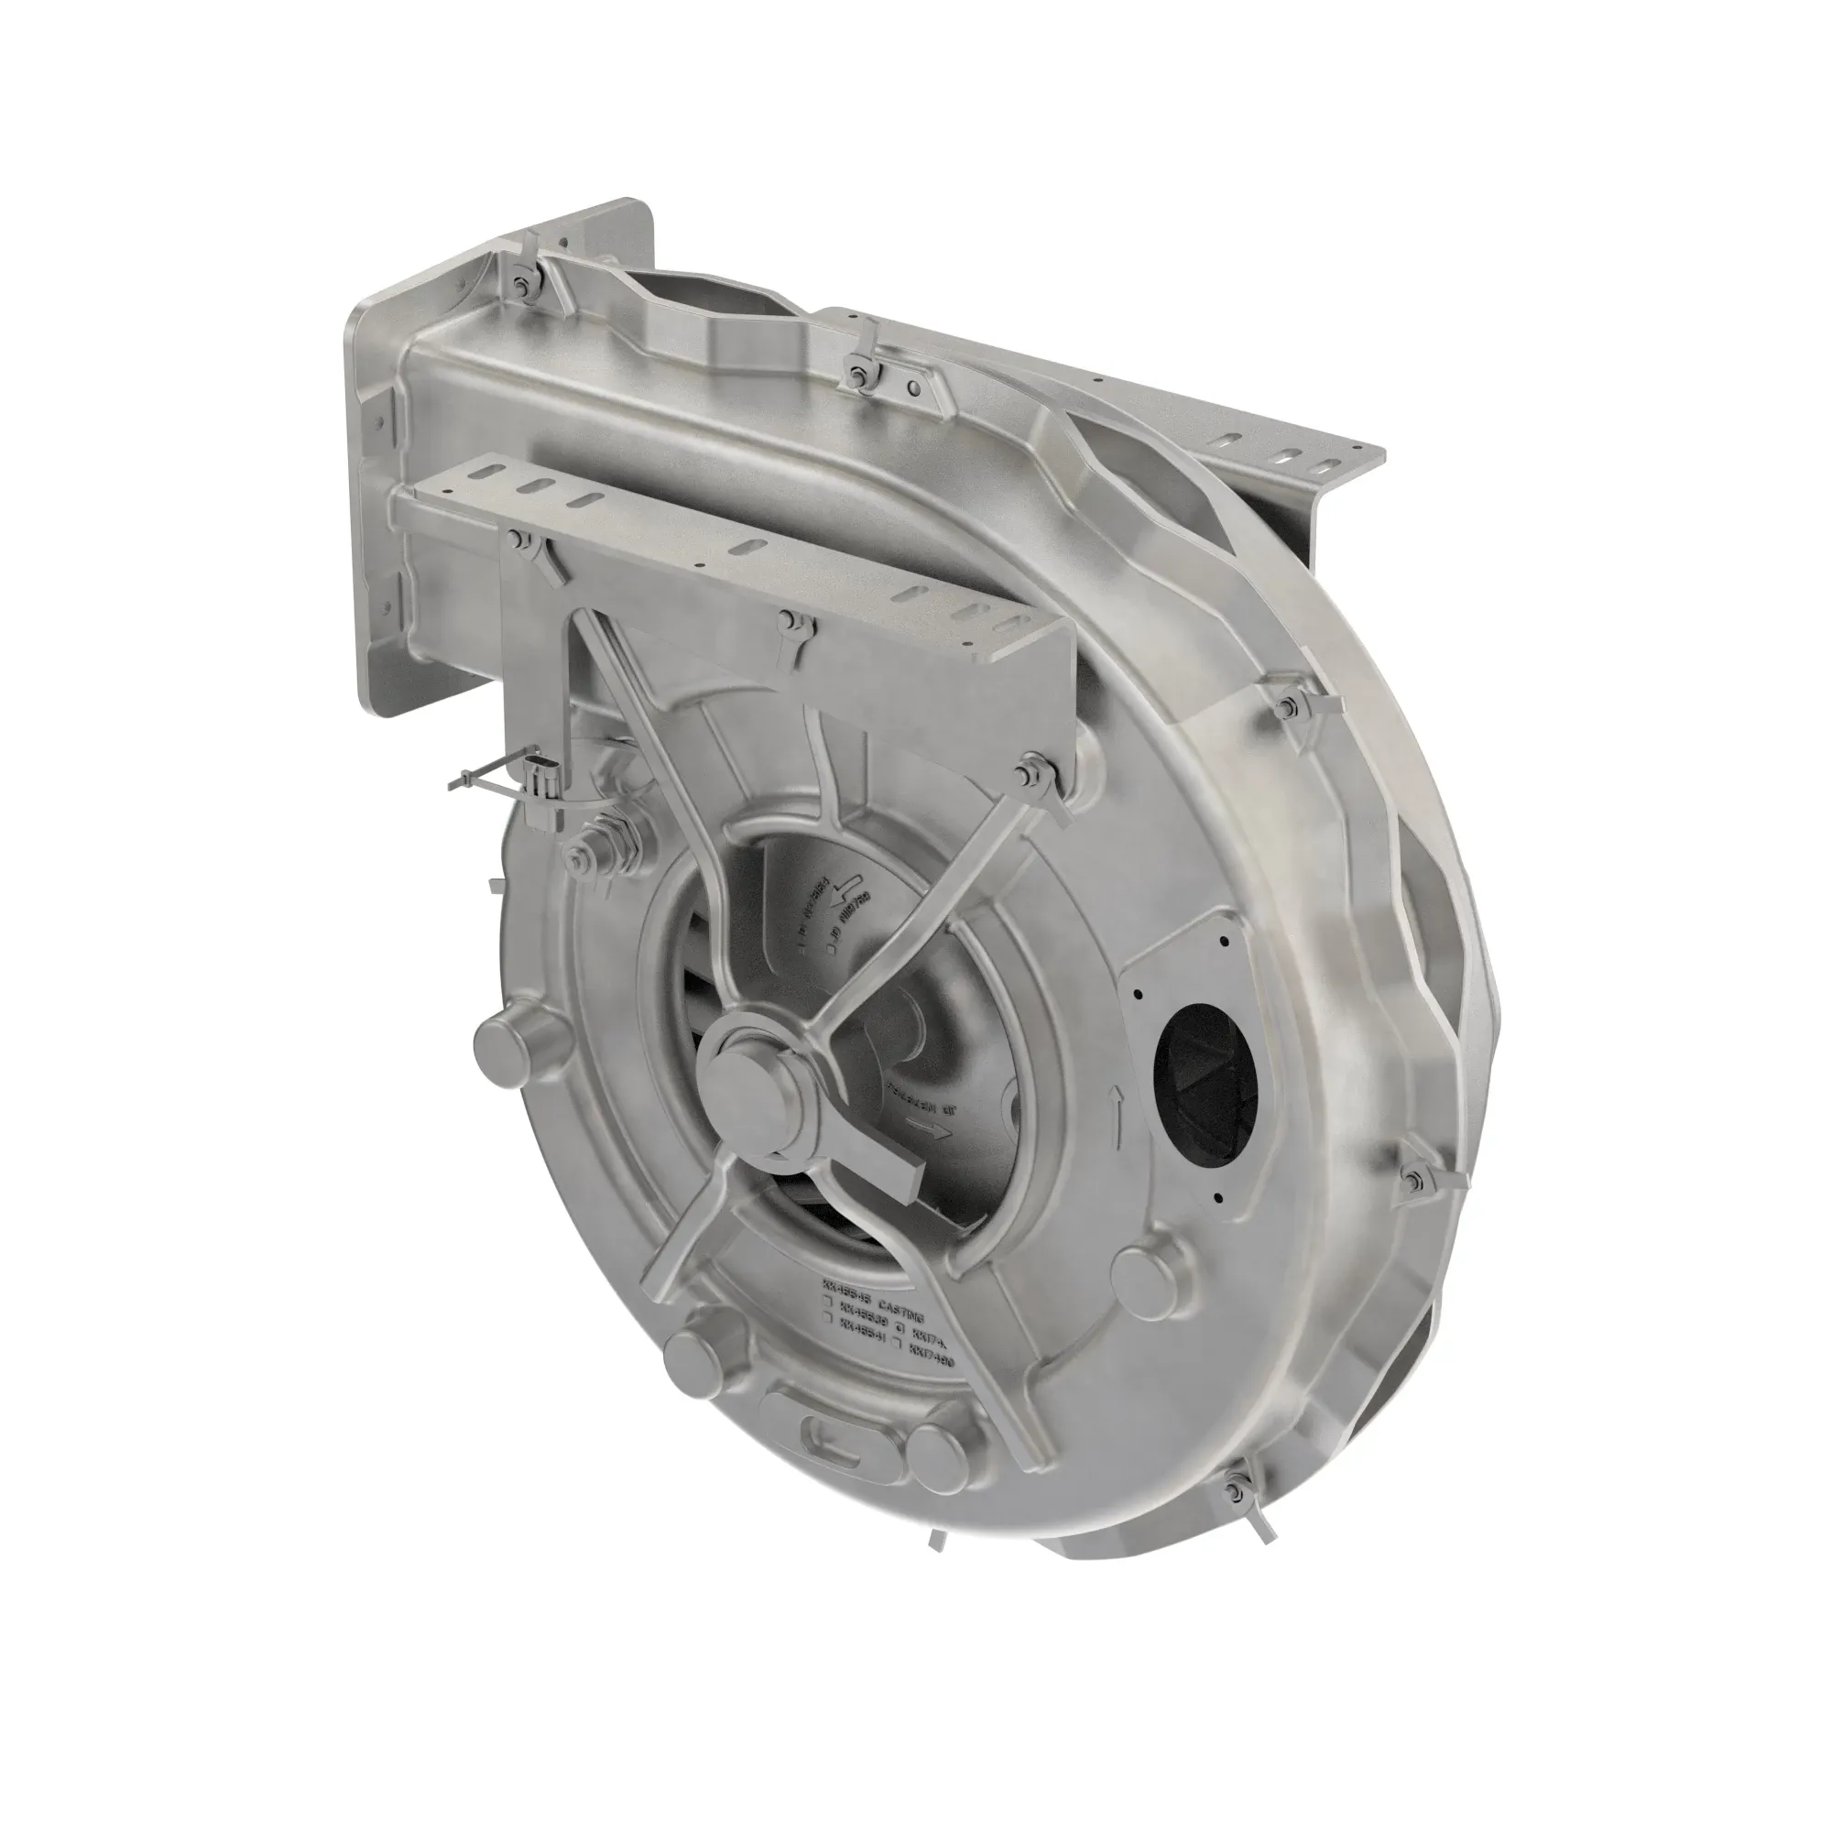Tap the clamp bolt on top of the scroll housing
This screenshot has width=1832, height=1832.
click(x=859, y=374)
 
